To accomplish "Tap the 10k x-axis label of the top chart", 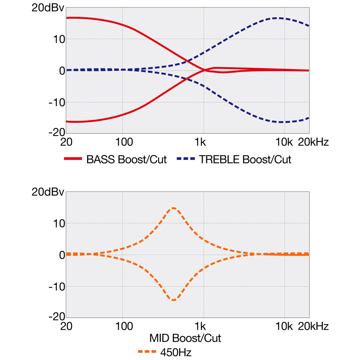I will [x=285, y=142].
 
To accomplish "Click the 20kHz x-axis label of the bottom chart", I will [x=313, y=327].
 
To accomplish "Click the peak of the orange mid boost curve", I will [x=173, y=208].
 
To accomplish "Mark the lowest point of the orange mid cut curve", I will [x=173, y=300].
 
